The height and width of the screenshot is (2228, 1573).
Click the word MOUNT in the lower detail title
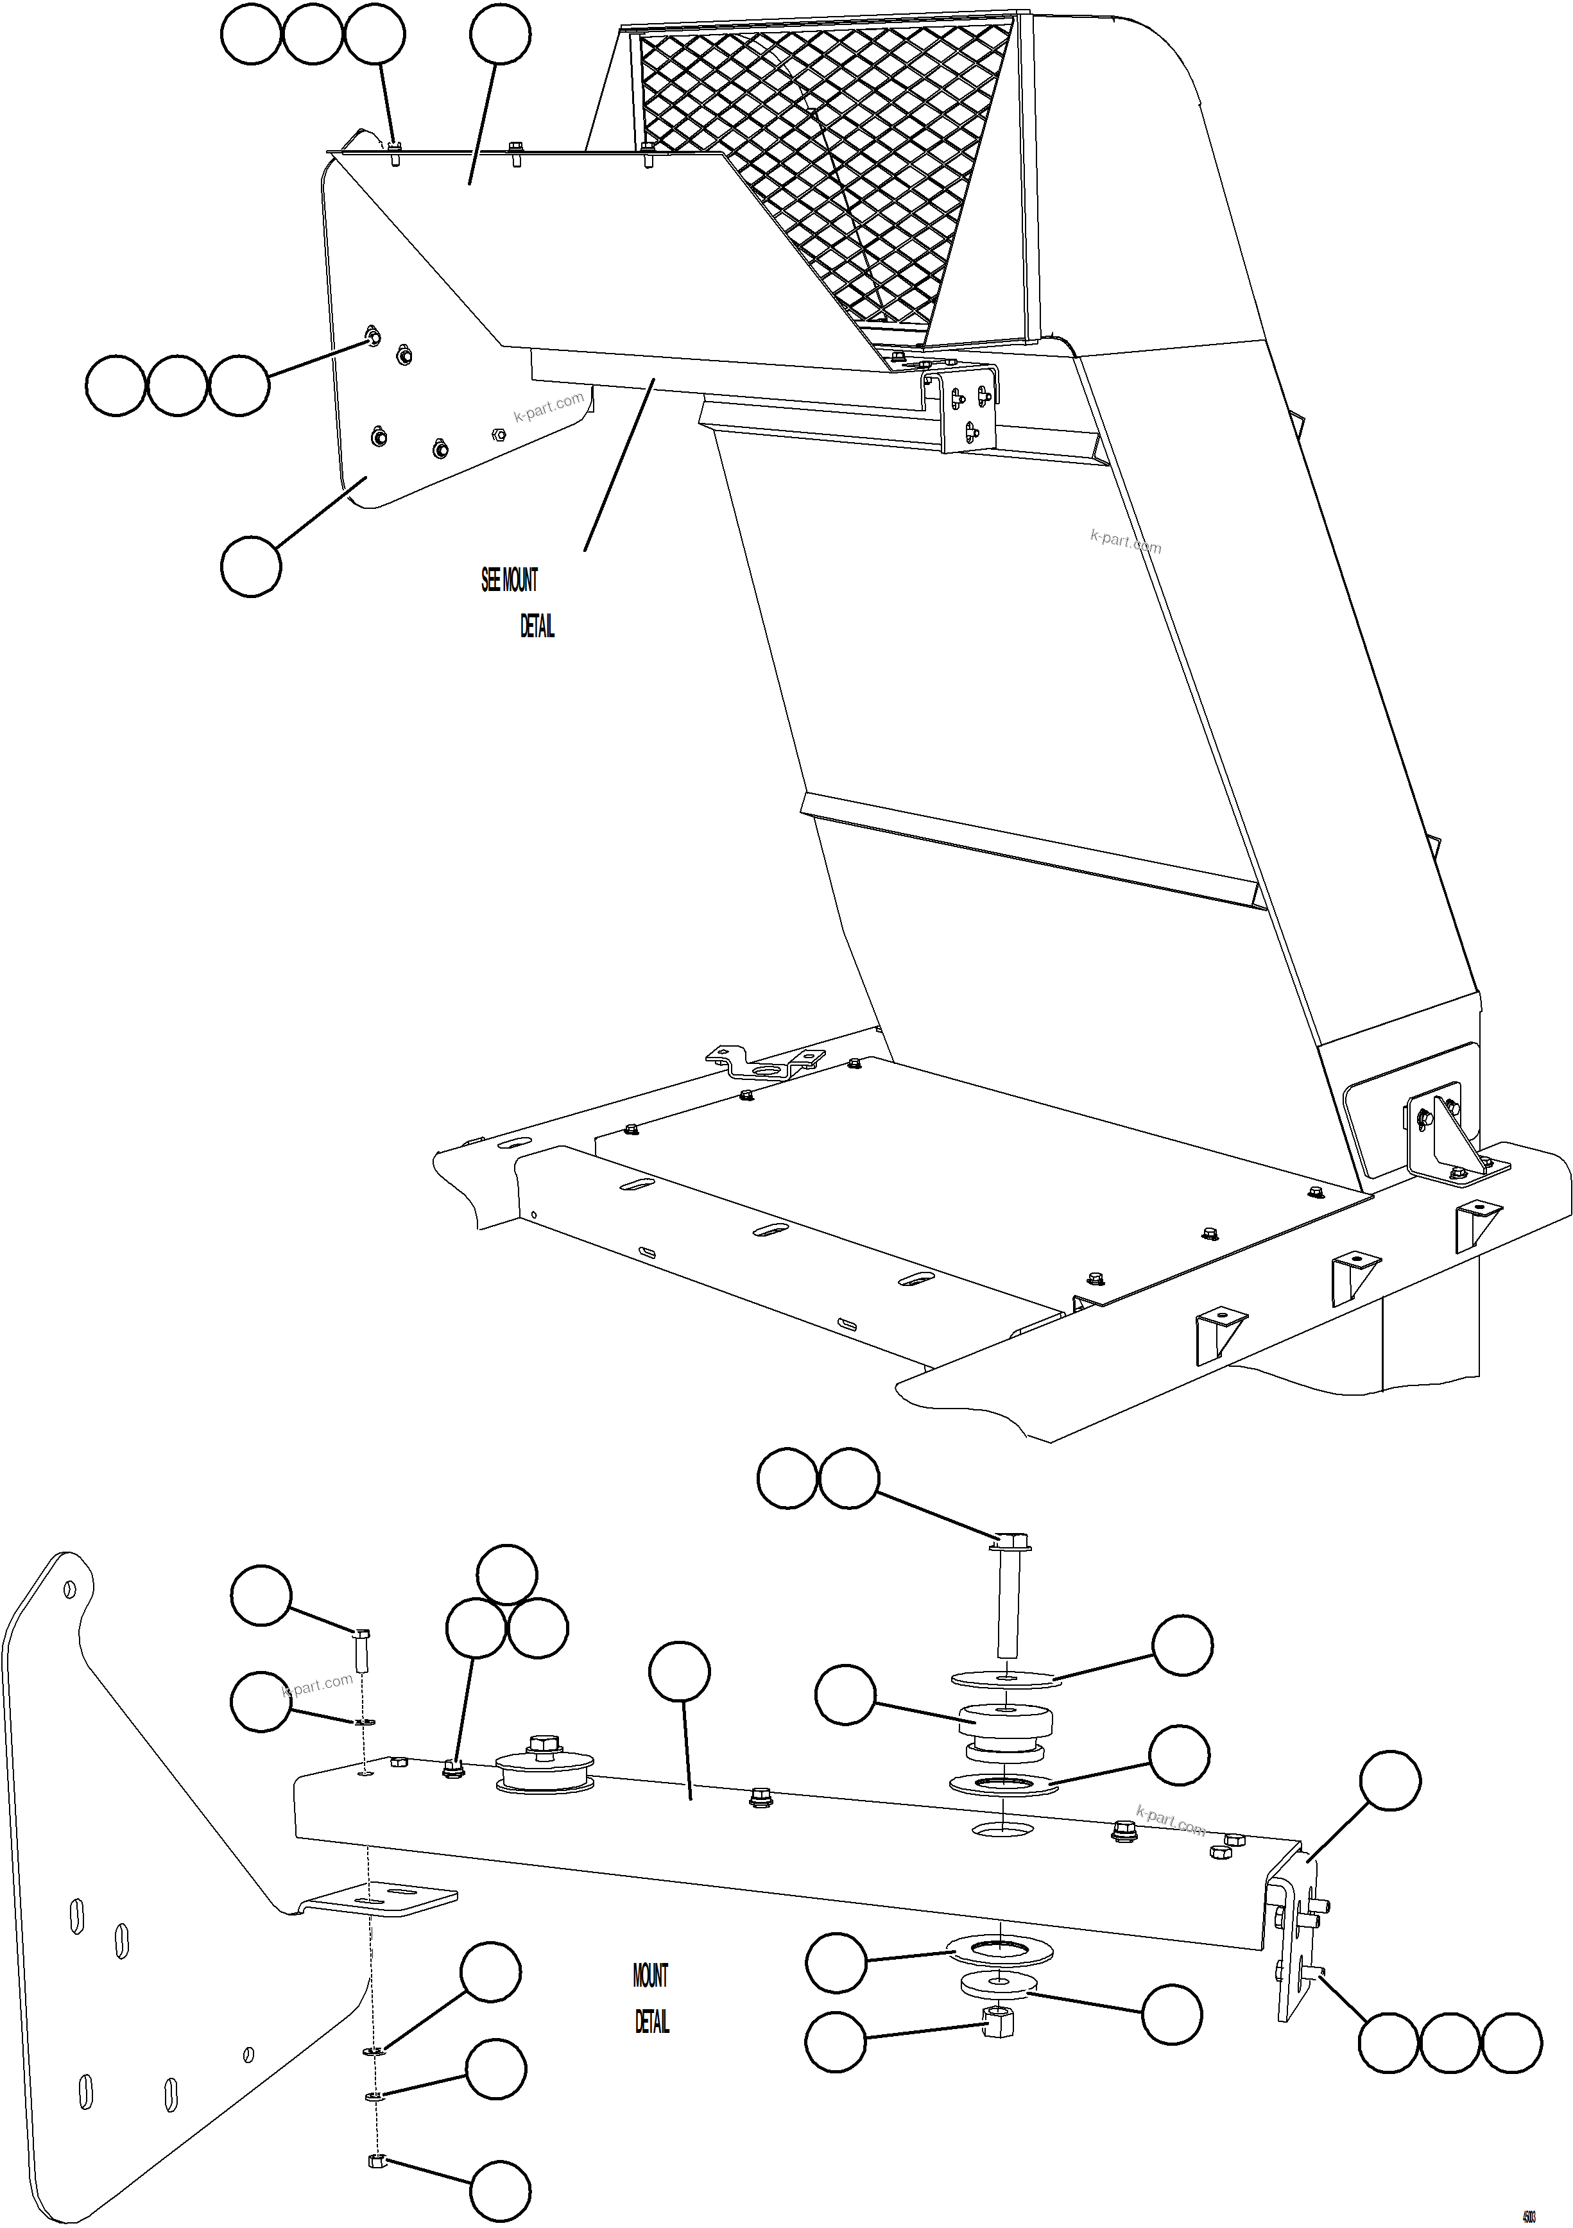click(x=650, y=1975)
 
